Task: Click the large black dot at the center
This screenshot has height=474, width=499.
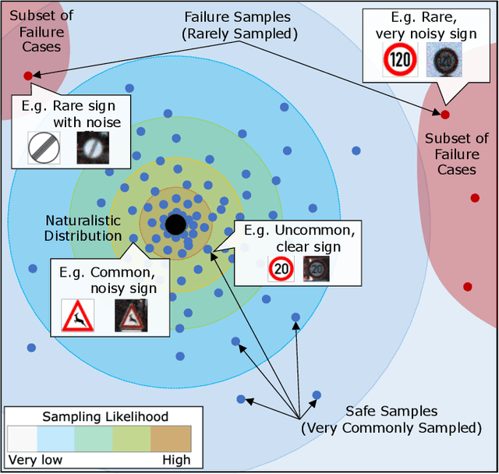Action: pos(175,225)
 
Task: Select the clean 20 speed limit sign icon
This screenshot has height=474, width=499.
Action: pos(281,269)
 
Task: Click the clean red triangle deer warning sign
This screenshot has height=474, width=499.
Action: pos(78,316)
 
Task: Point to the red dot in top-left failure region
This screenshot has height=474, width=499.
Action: pos(28,76)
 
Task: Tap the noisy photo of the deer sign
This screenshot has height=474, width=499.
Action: pos(130,316)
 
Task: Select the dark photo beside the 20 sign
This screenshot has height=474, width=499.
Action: pos(316,269)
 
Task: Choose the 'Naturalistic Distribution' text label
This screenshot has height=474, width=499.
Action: pos(83,228)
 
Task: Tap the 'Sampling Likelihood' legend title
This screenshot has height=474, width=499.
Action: pos(104,417)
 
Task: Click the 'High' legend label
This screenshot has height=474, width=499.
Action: pos(175,459)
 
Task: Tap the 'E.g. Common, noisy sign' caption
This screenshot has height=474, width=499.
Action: pos(108,280)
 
